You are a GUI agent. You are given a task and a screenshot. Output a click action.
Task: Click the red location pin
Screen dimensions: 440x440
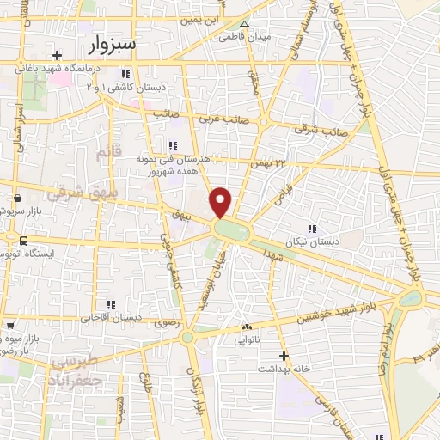(221, 201)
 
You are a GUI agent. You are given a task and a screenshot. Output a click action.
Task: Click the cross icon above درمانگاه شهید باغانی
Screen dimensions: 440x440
(57, 55)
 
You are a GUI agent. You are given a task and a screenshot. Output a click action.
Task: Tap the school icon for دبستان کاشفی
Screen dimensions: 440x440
(127, 74)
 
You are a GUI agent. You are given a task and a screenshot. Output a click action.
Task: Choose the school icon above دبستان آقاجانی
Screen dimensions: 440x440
(110, 303)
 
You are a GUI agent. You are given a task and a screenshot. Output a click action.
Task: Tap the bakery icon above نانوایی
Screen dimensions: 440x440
(247, 327)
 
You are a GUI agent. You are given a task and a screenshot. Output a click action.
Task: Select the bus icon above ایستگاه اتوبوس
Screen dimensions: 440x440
(22, 241)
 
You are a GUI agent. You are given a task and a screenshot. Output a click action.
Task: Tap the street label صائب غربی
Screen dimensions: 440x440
(217, 120)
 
